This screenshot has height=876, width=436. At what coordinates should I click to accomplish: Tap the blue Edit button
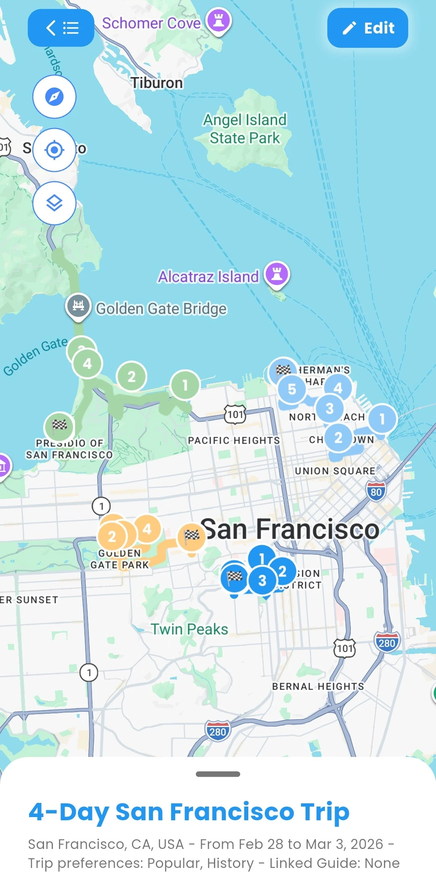(x=367, y=28)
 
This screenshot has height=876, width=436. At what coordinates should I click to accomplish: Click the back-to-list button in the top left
(x=61, y=28)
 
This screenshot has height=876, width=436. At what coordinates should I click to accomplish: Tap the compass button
(x=55, y=97)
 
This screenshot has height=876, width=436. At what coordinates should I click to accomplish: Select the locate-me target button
(x=55, y=150)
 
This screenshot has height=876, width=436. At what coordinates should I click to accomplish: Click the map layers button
(x=55, y=203)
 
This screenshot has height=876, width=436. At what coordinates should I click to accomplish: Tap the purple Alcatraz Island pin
(x=277, y=275)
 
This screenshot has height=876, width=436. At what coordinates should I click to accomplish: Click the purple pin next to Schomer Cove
(x=218, y=21)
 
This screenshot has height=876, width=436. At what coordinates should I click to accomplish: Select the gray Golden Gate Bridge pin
(x=78, y=306)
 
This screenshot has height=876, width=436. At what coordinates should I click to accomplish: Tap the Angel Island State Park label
(x=245, y=129)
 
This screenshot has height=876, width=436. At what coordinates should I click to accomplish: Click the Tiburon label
(x=157, y=83)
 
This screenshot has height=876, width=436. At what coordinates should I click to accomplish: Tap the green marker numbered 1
(x=185, y=385)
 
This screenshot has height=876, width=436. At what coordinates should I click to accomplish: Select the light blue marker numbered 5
(x=292, y=389)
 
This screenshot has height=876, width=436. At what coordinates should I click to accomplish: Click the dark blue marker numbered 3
(x=262, y=581)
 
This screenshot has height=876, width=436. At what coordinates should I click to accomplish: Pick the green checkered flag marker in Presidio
(x=59, y=425)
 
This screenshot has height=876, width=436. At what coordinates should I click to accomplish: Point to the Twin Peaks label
(x=189, y=629)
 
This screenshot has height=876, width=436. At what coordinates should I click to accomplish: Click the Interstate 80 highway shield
(x=376, y=491)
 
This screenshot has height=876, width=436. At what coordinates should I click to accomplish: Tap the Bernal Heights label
(x=318, y=686)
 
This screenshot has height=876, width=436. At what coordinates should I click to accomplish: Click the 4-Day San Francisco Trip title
(x=189, y=811)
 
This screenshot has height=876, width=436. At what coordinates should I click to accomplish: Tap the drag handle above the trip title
(x=218, y=774)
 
